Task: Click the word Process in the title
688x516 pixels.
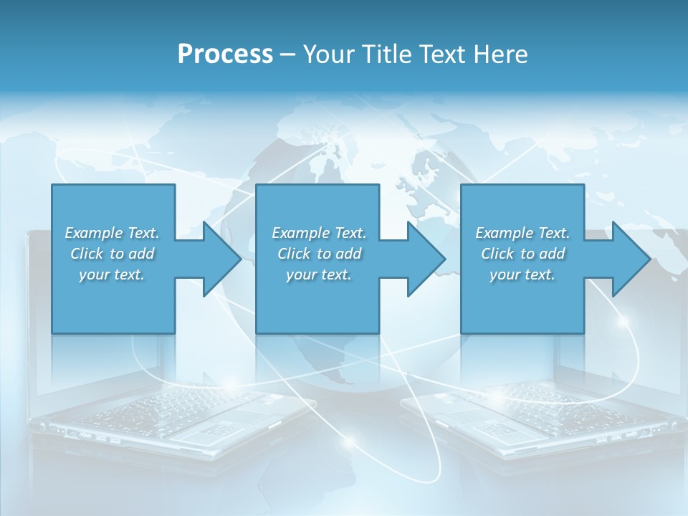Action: tap(225, 54)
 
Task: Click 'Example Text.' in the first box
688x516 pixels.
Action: tap(112, 233)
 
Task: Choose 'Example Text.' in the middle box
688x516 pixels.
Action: tap(319, 233)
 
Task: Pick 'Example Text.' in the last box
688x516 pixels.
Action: tap(522, 233)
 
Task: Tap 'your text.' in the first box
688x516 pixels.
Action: tap(112, 274)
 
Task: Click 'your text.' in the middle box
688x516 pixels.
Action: tap(319, 274)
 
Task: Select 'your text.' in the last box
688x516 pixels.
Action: tap(522, 274)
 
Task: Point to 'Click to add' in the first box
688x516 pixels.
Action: tap(112, 254)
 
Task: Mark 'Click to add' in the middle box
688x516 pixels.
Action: tap(319, 254)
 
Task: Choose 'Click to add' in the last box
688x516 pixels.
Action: tap(522, 254)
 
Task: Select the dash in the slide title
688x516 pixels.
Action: tap(288, 54)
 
